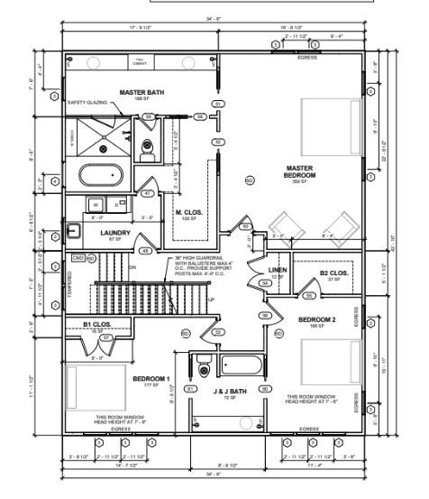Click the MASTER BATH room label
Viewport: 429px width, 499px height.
[141, 92]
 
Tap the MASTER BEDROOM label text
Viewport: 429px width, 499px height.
[299, 171]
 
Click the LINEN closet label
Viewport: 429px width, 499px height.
[277, 270]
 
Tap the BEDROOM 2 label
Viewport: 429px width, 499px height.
[317, 320]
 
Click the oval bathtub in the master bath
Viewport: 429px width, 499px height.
[106, 175]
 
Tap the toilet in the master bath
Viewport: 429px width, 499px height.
[148, 144]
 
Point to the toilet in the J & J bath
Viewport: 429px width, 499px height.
[205, 368]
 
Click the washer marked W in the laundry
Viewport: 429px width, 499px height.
[96, 205]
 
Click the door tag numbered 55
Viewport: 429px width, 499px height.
[308, 295]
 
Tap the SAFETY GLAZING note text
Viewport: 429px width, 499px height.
[87, 103]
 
